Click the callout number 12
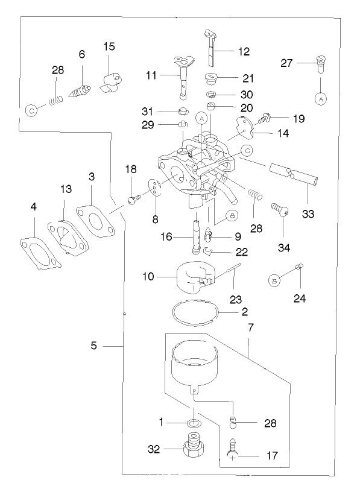coord(243,52)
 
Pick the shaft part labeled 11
coord(184,75)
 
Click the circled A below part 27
coord(320,97)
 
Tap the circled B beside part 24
coord(274,280)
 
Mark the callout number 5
coord(93,346)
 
